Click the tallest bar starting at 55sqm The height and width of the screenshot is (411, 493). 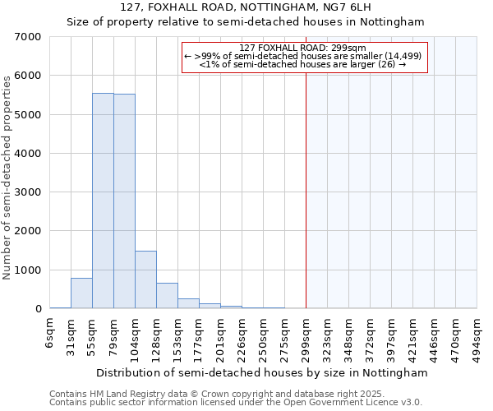pos(103,201)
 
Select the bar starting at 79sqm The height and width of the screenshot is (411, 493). pos(124,201)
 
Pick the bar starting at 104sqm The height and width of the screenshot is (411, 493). pos(145,279)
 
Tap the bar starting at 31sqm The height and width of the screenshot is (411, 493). pos(81,293)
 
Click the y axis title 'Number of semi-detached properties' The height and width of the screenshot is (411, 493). pos(7,177)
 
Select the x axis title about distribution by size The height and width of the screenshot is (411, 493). pos(262,372)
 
